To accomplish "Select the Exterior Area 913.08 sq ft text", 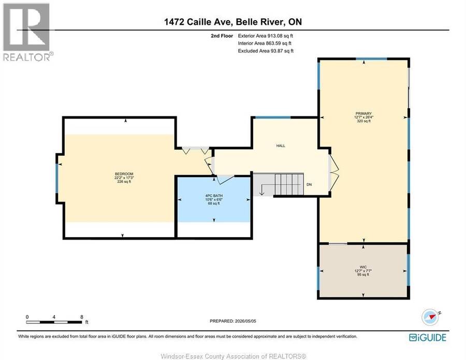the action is (266, 36).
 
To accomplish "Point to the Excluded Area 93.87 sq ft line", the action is (266, 51).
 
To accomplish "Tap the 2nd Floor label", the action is (222, 36).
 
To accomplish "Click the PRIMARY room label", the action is (363, 113).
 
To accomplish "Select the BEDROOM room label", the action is (124, 174).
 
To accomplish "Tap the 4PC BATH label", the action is (214, 196).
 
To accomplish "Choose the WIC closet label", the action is (363, 267).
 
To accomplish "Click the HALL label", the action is (281, 146).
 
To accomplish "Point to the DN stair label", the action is (309, 184).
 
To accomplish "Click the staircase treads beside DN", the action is (289, 184).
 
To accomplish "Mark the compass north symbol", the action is (430, 317).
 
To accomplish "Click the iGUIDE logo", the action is (427, 337).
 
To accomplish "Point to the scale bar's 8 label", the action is (82, 317).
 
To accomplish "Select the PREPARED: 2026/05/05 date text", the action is (232, 321).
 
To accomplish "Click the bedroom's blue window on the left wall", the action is (57, 178).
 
